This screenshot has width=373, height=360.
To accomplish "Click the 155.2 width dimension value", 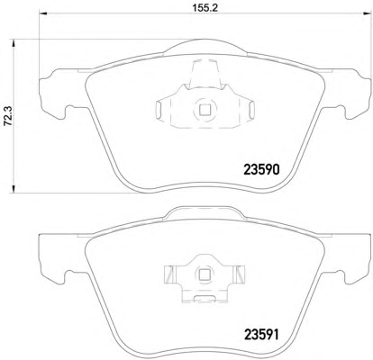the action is (x=205, y=7).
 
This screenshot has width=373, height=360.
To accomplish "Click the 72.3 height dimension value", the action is (x=8, y=116).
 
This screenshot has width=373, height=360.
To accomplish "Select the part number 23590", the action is (x=261, y=170).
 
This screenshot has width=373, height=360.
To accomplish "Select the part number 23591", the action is (x=261, y=335).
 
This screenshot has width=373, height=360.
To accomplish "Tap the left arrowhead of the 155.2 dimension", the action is (x=43, y=13).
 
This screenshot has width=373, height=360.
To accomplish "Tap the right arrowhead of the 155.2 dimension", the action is (x=367, y=13).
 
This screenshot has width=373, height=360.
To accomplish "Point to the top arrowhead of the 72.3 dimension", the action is (x=14, y=43).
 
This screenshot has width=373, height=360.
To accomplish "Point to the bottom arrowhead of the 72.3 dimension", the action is (x=14, y=189).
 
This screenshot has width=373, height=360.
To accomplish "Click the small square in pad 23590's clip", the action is (x=205, y=110).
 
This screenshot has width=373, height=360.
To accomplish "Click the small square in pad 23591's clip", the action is (x=205, y=274).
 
